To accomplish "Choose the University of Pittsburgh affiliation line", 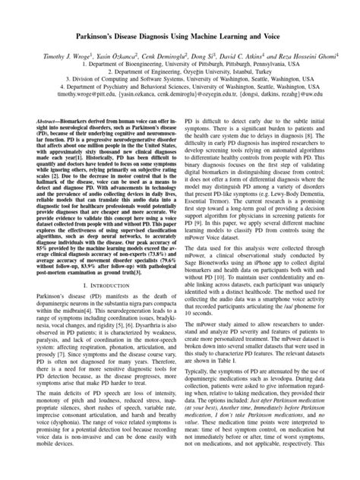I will tap(180, 65).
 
